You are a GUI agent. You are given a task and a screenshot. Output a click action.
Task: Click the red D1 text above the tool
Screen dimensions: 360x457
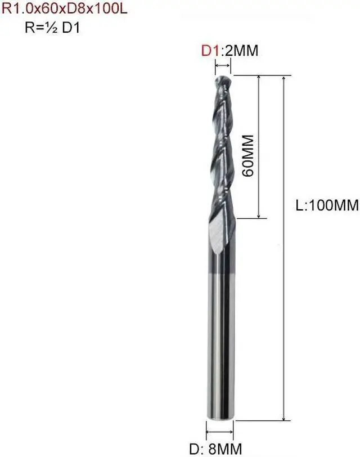(210, 51)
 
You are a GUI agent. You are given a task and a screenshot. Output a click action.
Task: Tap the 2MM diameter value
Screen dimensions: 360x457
(241, 51)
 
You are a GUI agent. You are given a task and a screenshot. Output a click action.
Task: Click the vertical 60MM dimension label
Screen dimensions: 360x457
(248, 156)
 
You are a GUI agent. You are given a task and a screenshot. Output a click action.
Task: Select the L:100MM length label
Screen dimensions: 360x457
(327, 205)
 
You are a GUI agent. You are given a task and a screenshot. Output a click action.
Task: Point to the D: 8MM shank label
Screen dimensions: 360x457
(215, 449)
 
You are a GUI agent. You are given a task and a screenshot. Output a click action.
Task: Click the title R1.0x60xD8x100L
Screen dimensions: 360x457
(65, 8)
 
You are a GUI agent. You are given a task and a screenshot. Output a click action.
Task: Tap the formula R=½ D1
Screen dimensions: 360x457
(52, 28)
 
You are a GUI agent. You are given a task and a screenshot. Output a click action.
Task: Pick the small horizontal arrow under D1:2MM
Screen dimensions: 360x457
(223, 66)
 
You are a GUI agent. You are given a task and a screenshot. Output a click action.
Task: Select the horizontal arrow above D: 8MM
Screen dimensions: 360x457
(219, 432)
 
